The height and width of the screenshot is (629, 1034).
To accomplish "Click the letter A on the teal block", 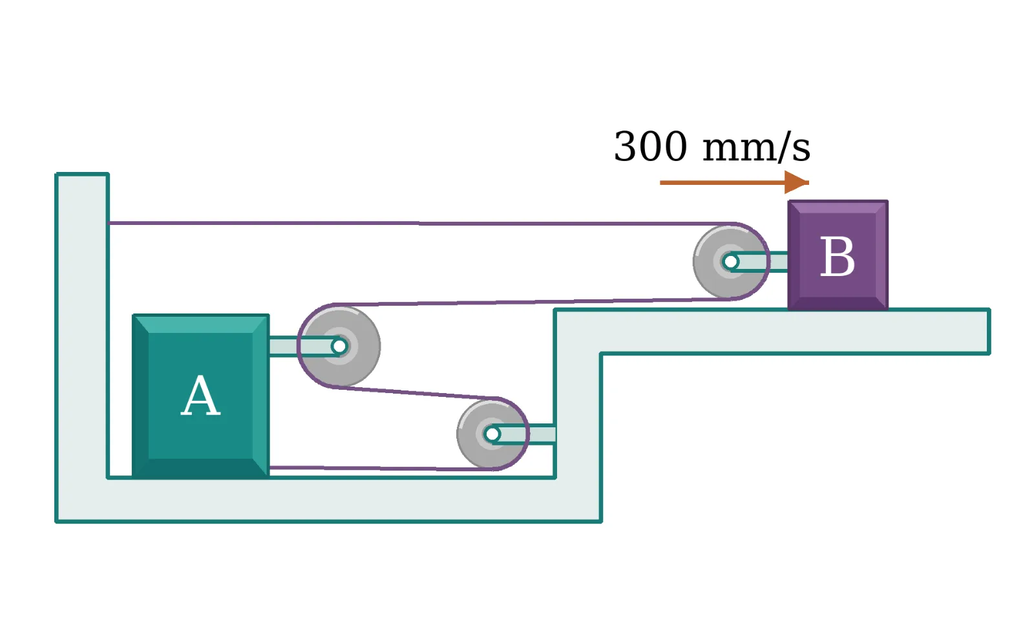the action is point(200,396).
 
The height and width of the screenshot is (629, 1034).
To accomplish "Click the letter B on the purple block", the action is point(838,257).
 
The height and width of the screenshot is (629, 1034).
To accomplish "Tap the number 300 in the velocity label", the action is point(650,146).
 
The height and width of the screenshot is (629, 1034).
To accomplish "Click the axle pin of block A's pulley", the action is point(339,346).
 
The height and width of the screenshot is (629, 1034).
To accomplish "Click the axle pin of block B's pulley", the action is point(731,262).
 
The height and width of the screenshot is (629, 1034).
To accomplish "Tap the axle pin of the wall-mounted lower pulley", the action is point(492,434).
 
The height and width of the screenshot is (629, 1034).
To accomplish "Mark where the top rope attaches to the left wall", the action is point(109,223).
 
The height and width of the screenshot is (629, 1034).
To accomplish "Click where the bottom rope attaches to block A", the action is point(269,468).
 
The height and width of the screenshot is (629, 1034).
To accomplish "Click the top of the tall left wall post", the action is point(82,175).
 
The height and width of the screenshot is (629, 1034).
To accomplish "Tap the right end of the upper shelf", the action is point(989,332).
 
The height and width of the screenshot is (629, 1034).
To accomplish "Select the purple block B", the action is point(838,255).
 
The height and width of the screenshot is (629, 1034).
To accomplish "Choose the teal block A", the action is point(201,396).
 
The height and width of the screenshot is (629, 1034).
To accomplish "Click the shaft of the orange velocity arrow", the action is point(723,183).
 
